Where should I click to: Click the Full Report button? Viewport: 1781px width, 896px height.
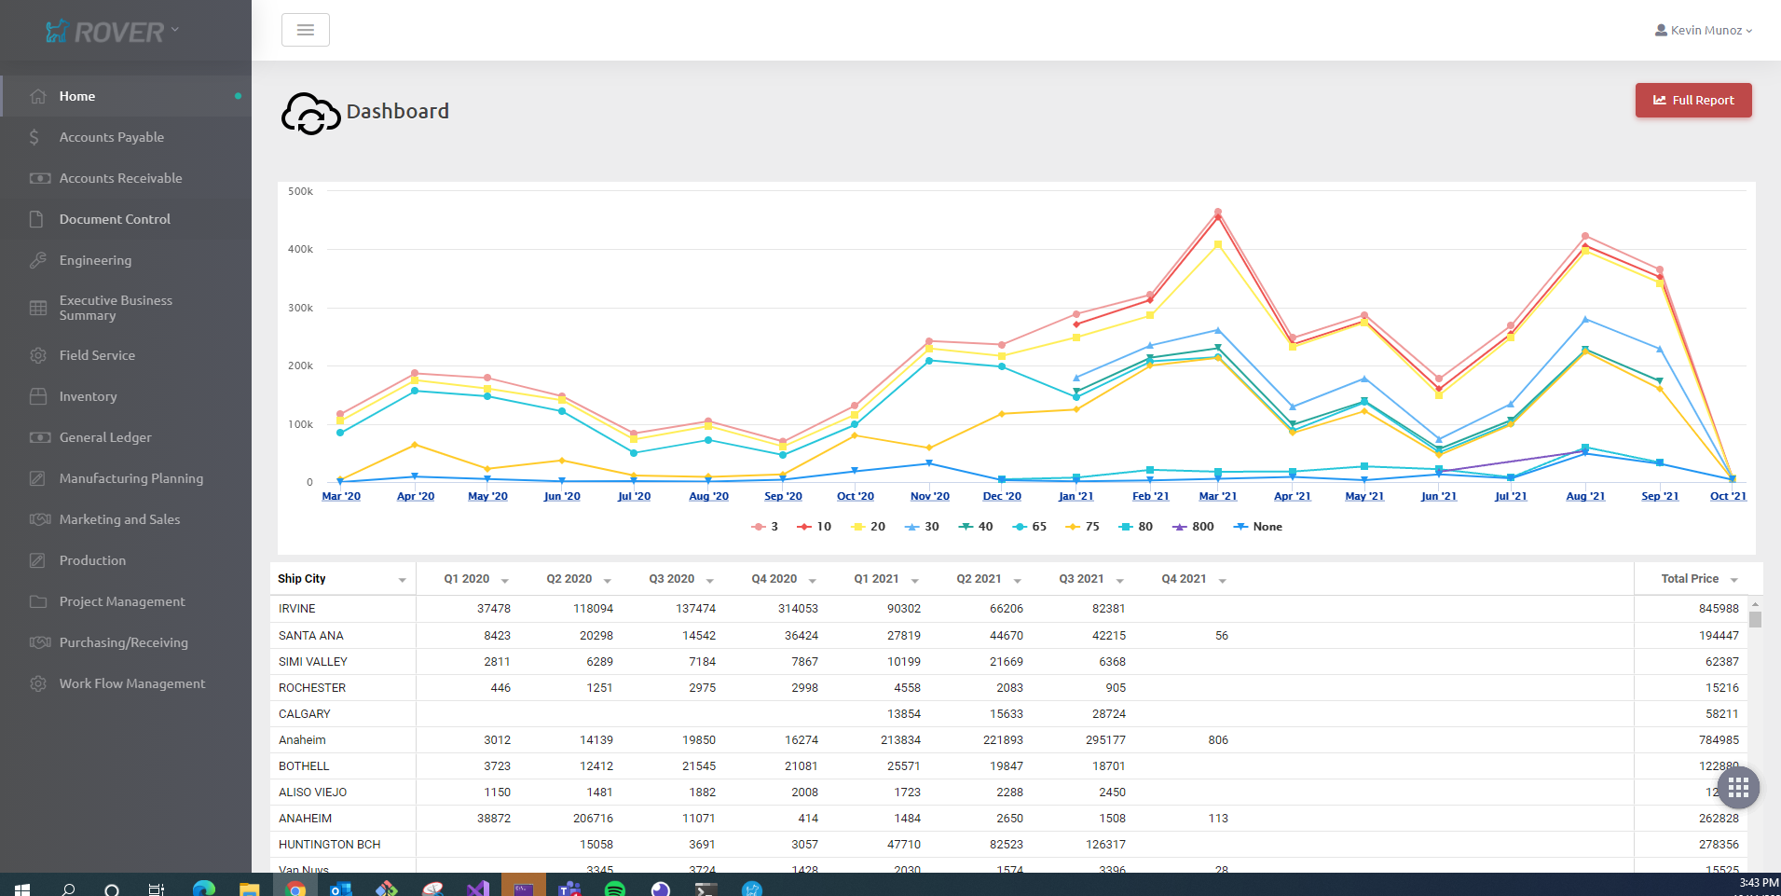click(x=1693, y=101)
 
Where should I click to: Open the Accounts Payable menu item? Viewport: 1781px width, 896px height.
click(x=111, y=137)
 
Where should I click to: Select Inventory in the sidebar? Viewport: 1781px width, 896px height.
click(x=88, y=396)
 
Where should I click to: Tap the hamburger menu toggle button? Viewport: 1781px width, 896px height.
click(x=305, y=30)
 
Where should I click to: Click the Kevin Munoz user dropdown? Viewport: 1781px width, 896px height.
click(x=1704, y=31)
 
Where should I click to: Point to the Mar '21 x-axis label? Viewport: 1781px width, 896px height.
click(x=1217, y=496)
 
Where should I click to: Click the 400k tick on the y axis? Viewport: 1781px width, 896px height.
click(x=300, y=250)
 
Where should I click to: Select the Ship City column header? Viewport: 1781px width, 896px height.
click(x=302, y=579)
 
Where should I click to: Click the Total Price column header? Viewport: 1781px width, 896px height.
click(x=1690, y=579)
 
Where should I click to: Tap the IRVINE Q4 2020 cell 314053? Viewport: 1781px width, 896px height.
click(x=798, y=609)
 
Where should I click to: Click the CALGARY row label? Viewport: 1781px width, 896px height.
click(x=305, y=714)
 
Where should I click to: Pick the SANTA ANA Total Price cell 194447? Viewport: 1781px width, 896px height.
click(x=1718, y=636)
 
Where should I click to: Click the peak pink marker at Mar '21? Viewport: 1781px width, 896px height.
click(x=1217, y=212)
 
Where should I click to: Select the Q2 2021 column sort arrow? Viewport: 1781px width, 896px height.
click(x=1017, y=581)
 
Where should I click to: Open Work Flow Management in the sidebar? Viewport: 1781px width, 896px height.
click(x=131, y=683)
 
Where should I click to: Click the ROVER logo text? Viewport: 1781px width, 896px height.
click(x=118, y=33)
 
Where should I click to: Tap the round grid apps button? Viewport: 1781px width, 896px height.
click(x=1737, y=789)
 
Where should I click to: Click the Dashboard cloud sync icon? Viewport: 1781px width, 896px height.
click(x=310, y=114)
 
